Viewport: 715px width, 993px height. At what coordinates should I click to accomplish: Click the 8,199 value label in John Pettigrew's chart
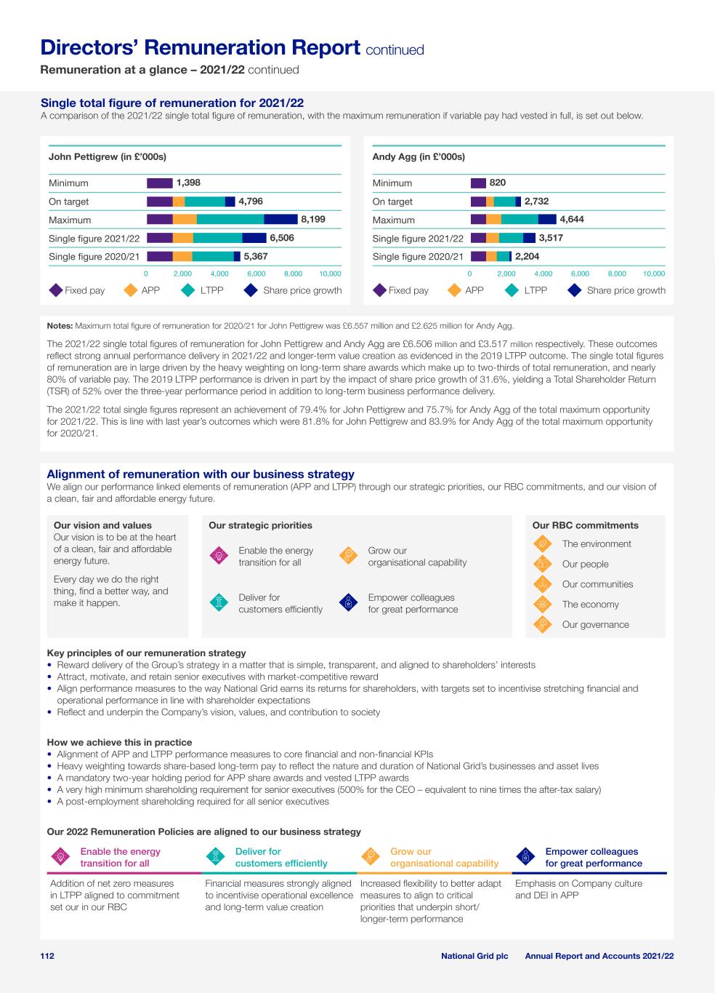pyautogui.click(x=313, y=219)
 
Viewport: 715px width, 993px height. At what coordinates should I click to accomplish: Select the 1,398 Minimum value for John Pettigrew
pyautogui.click(x=188, y=183)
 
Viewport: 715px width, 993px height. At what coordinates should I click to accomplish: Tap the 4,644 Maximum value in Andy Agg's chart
pyautogui.click(x=572, y=219)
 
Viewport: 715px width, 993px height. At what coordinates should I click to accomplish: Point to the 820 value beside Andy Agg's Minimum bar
pyautogui.click(x=498, y=183)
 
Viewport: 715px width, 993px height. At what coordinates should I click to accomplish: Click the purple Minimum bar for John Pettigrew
pyautogui.click(x=160, y=183)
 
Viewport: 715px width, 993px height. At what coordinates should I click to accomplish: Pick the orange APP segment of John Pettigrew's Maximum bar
pyautogui.click(x=185, y=219)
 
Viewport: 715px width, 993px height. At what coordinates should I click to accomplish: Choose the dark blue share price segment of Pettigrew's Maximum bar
pyautogui.click(x=280, y=219)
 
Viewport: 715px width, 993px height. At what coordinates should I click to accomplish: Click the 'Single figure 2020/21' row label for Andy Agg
pyautogui.click(x=418, y=257)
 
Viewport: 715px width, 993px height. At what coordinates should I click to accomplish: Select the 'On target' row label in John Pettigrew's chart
pyautogui.click(x=69, y=202)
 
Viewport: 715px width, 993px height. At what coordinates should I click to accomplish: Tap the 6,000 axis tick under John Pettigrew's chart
pyautogui.click(x=256, y=274)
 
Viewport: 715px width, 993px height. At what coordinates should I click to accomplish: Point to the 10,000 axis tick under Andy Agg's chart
pyautogui.click(x=654, y=274)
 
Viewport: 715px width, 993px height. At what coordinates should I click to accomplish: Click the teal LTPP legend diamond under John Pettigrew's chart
pyautogui.click(x=190, y=290)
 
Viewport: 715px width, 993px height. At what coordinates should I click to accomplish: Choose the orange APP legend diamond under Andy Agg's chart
pyautogui.click(x=454, y=290)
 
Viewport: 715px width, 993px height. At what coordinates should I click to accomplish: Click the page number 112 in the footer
pyautogui.click(x=47, y=956)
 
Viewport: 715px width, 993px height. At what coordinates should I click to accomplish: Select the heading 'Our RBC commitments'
pyautogui.click(x=585, y=525)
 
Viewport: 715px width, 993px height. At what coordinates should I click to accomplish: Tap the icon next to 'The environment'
pyautogui.click(x=542, y=543)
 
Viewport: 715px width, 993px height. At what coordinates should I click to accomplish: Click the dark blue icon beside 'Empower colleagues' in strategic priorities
pyautogui.click(x=349, y=603)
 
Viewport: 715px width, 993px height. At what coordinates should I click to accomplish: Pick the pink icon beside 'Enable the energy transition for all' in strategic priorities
pyautogui.click(x=218, y=557)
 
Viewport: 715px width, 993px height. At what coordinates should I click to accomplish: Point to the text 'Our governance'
pyautogui.click(x=595, y=624)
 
